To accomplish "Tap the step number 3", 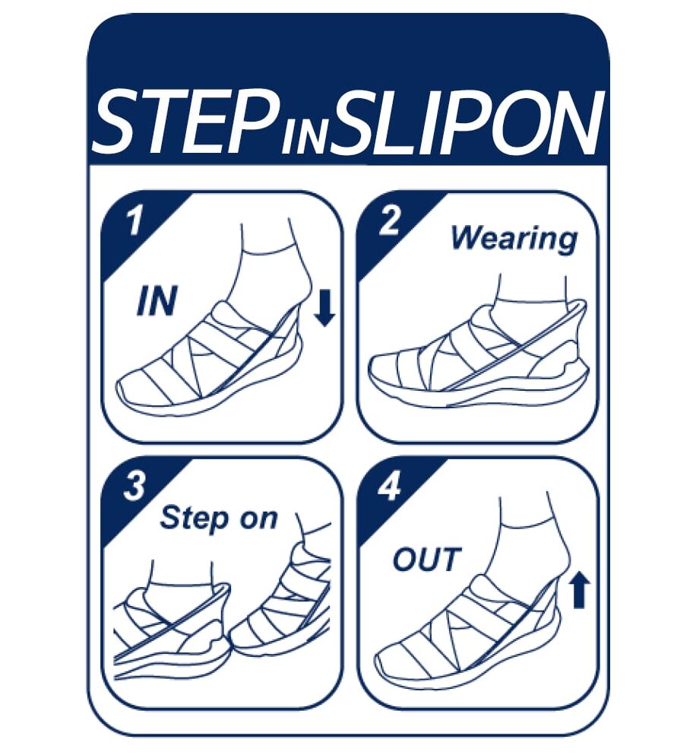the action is [x=134, y=487].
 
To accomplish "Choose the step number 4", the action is [x=389, y=487].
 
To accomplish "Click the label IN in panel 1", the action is [x=157, y=301].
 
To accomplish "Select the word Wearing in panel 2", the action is [x=514, y=240].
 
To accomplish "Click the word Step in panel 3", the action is [x=195, y=519].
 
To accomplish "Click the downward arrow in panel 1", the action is [x=324, y=308].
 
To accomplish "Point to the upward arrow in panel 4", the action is [x=580, y=589].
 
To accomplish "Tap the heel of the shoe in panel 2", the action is [x=573, y=366].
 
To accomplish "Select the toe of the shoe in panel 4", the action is [x=386, y=665].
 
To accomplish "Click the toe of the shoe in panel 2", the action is [x=378, y=371].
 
